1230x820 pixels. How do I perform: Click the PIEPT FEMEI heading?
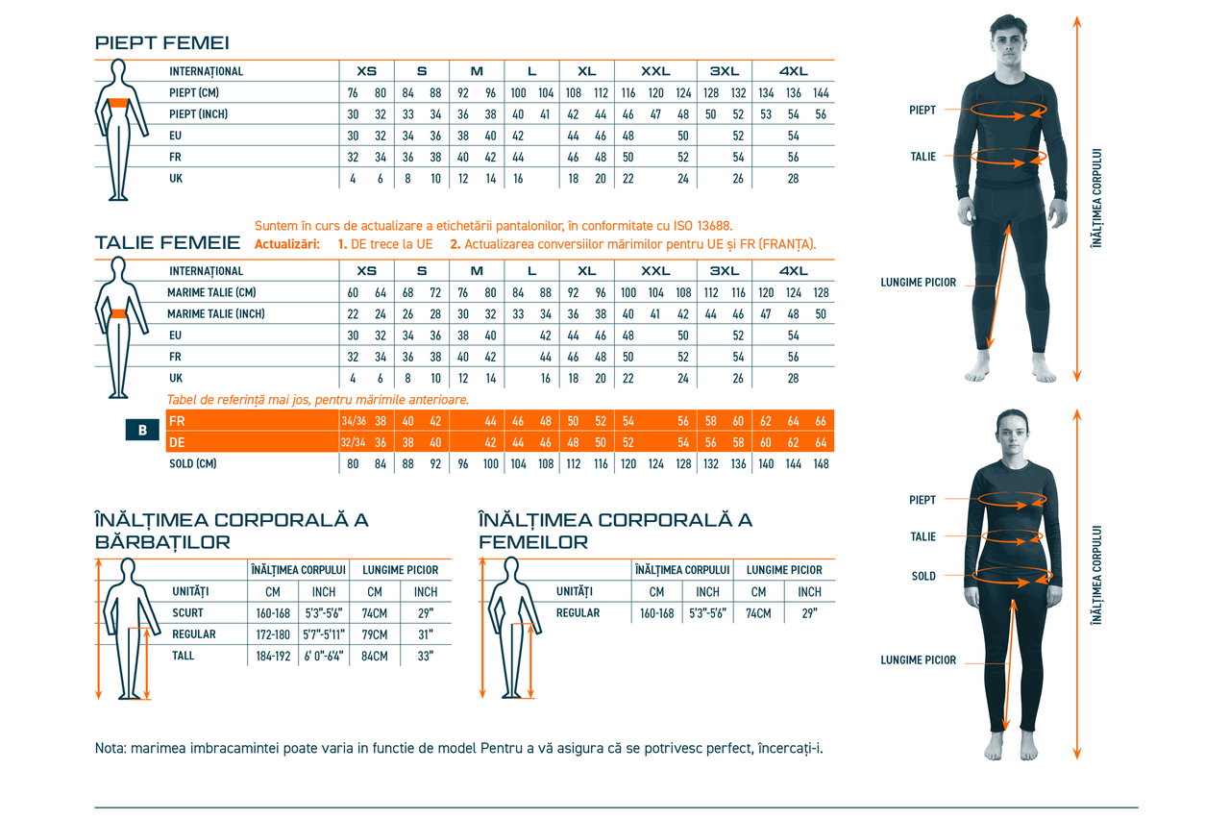(x=161, y=43)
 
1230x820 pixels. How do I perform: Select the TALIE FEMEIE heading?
(x=167, y=242)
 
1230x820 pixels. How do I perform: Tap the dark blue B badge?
(x=142, y=431)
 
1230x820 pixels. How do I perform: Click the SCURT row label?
(x=187, y=613)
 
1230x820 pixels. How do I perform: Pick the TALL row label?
(x=183, y=656)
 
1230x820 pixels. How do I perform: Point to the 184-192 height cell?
(x=273, y=657)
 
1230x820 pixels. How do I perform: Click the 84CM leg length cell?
(x=374, y=657)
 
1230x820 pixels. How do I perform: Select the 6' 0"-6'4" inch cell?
(x=324, y=657)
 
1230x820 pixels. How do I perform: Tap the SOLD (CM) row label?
(x=192, y=463)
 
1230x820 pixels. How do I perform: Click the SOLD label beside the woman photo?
(x=923, y=577)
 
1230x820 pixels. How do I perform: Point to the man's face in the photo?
(x=1010, y=43)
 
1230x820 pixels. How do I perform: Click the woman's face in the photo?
(x=1013, y=434)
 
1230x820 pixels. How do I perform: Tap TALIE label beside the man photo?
(x=923, y=157)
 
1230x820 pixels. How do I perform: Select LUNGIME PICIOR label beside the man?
(x=919, y=283)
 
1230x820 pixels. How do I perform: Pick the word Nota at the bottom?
(x=110, y=749)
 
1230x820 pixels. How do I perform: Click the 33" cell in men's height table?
(x=425, y=657)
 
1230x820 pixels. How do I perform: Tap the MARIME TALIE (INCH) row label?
(x=215, y=314)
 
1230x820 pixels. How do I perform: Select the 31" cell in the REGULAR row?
(x=425, y=634)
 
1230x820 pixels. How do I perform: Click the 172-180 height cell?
(x=273, y=634)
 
